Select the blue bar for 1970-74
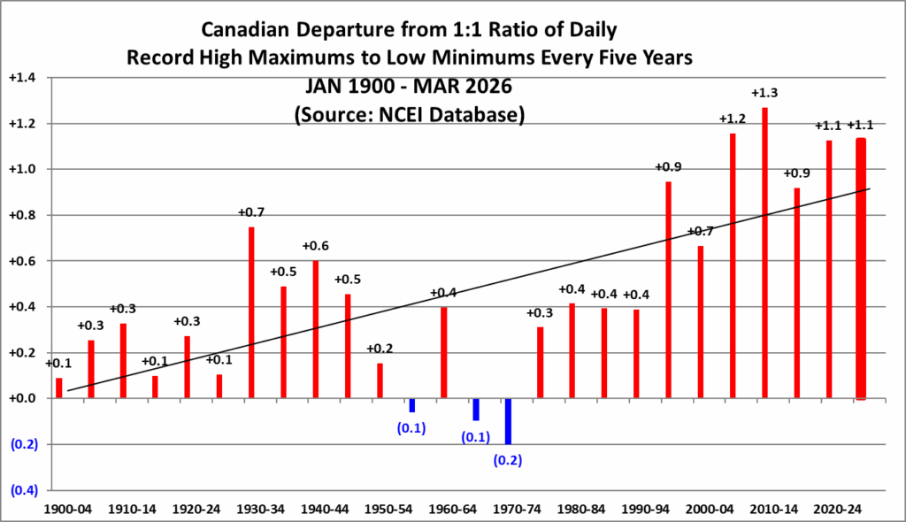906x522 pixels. [x=508, y=421]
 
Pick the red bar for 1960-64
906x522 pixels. [x=444, y=353]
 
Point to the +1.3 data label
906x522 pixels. [x=764, y=93]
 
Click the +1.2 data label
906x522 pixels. [x=733, y=119]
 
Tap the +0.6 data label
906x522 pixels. [x=316, y=246]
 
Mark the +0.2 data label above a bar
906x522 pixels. [x=380, y=349]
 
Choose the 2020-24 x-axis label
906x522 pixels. [x=829, y=510]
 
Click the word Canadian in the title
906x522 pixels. [x=251, y=30]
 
